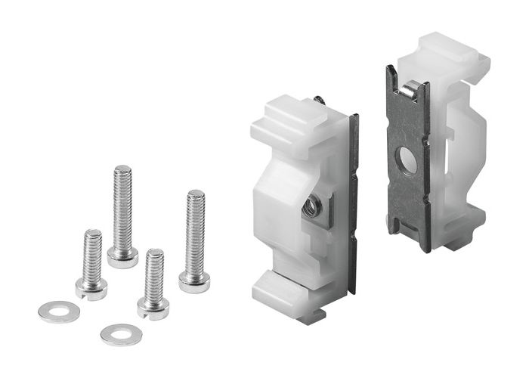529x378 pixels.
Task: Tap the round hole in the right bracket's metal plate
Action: [407, 160]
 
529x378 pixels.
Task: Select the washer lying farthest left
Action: [59, 311]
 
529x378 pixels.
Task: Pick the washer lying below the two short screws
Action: [121, 333]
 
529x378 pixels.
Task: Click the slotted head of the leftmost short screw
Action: [91, 287]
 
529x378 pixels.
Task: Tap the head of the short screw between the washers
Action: [153, 306]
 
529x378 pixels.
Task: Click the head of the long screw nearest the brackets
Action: [194, 282]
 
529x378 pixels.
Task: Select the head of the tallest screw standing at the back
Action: [122, 257]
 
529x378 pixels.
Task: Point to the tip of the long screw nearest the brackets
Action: [196, 194]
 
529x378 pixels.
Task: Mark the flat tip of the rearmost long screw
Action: [122, 169]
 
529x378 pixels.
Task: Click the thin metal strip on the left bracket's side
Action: [353, 204]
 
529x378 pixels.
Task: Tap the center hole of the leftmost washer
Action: [59, 311]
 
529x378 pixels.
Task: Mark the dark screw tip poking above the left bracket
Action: [320, 99]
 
